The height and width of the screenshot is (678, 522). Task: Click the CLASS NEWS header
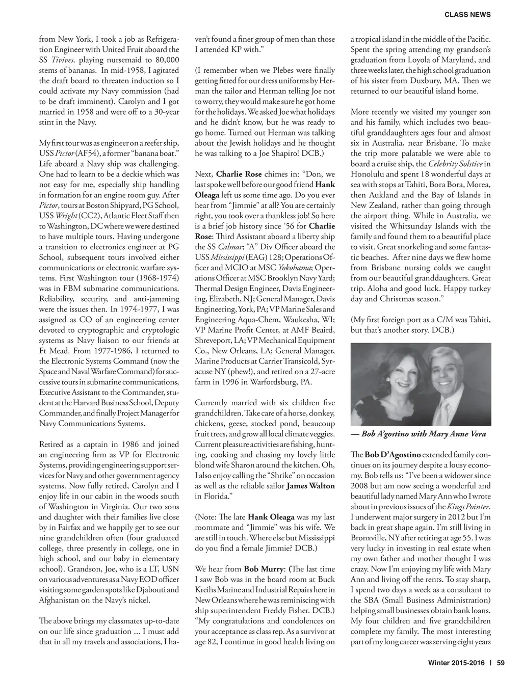coord(467,15)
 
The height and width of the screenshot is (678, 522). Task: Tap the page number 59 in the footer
coord(500,663)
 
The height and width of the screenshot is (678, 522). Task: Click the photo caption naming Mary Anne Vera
coord(423,434)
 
